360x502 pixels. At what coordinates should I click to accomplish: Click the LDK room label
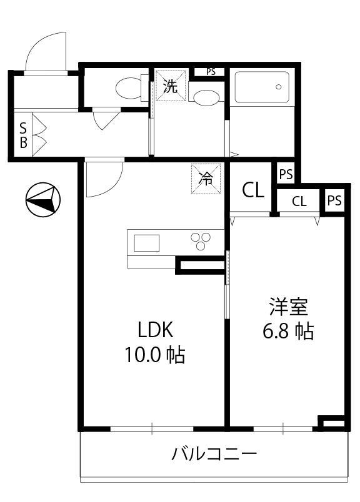click(156, 330)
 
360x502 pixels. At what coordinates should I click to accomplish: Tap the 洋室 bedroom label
click(289, 307)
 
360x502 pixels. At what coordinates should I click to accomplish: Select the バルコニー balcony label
click(214, 454)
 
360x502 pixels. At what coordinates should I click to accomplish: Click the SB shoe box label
click(23, 135)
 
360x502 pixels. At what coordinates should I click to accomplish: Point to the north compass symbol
click(43, 199)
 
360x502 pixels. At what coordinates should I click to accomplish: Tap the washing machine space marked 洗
click(170, 86)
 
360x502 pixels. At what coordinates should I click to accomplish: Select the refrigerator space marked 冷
click(206, 179)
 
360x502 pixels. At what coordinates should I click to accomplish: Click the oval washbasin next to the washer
click(206, 96)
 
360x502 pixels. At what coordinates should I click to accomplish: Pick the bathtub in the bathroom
click(262, 87)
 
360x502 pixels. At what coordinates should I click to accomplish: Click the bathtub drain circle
click(279, 87)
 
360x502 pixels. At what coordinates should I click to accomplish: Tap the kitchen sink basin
click(147, 243)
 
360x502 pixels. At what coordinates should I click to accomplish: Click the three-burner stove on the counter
click(201, 241)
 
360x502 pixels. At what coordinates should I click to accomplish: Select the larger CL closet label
click(253, 190)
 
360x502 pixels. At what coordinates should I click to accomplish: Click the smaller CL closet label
click(299, 202)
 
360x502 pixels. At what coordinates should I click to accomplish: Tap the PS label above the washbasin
click(211, 72)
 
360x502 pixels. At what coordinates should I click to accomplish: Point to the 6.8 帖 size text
click(288, 331)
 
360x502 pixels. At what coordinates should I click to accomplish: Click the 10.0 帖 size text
click(155, 355)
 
